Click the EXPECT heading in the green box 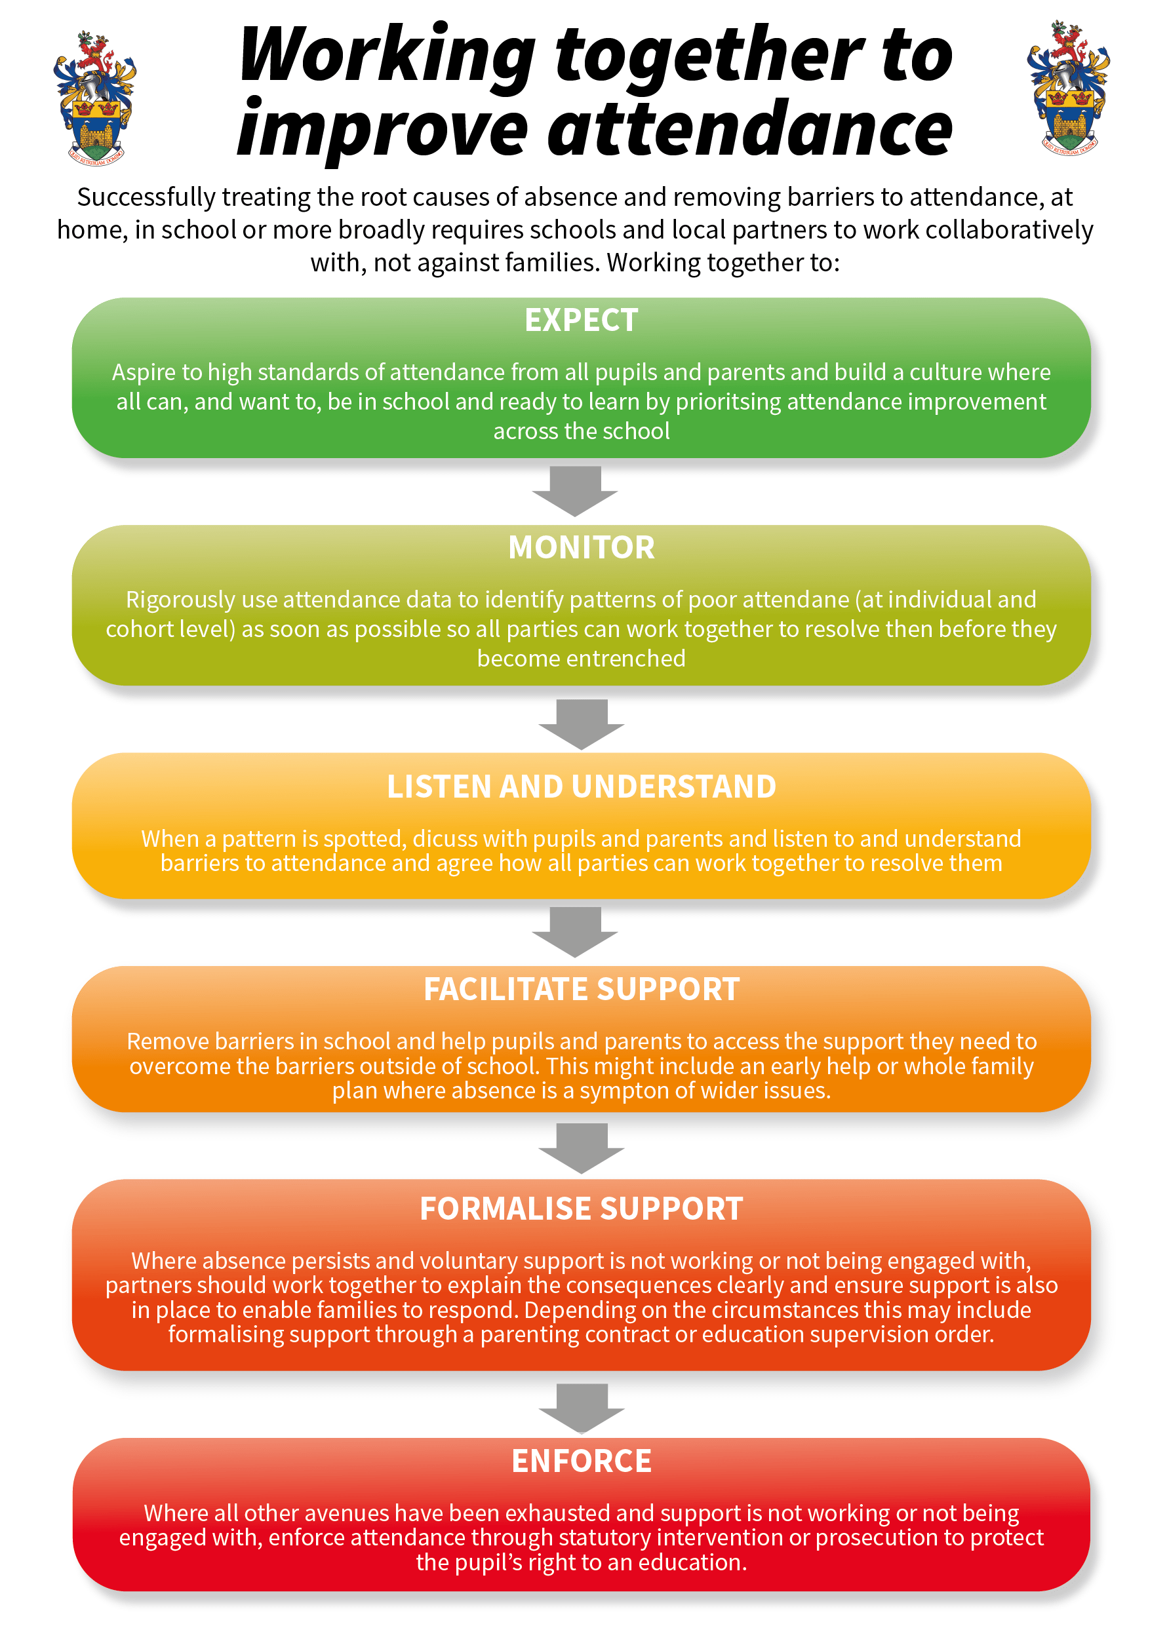pyautogui.click(x=581, y=320)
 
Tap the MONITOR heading pyautogui.click(x=581, y=547)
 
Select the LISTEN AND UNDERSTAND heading pyautogui.click(x=581, y=787)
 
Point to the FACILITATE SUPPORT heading pyautogui.click(x=581, y=990)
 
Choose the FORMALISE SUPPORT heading pyautogui.click(x=581, y=1209)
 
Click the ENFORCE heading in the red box pyautogui.click(x=581, y=1461)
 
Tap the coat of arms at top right pyautogui.click(x=1068, y=88)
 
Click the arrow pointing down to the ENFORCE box pyautogui.click(x=581, y=1408)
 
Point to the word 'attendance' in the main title pyautogui.click(x=749, y=129)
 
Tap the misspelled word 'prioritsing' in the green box pyautogui.click(x=728, y=402)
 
